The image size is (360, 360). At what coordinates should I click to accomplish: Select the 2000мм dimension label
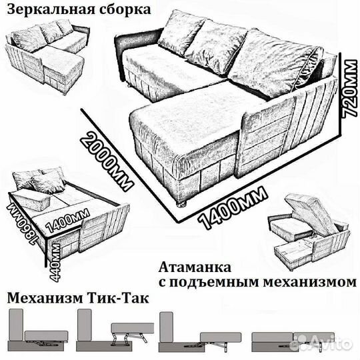107,159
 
